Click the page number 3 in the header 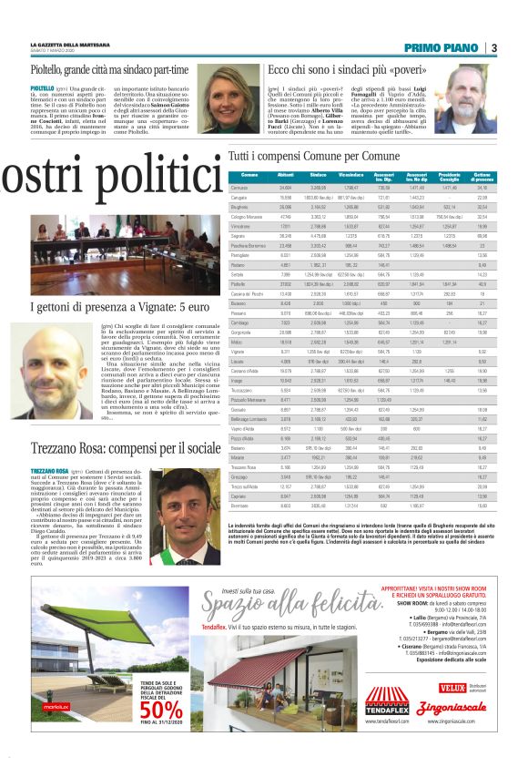click(493, 47)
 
